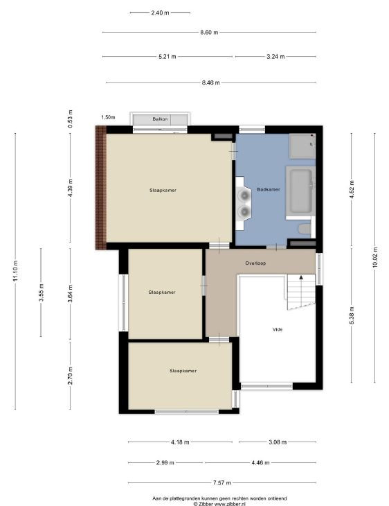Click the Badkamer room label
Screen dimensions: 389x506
(268, 189)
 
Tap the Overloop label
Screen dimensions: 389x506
(255, 263)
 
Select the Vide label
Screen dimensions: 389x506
(278, 329)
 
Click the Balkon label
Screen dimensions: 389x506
(160, 119)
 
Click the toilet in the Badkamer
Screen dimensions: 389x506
(305, 229)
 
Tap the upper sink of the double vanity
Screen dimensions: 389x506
(244, 195)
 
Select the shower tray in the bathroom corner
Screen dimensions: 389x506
(302, 146)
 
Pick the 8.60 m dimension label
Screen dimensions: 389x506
(209, 33)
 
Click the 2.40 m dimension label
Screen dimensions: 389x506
(160, 13)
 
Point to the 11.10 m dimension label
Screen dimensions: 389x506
(15, 271)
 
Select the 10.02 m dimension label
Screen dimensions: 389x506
(375, 258)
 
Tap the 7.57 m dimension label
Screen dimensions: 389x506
(222, 482)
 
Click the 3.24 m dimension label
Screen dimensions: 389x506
(275, 57)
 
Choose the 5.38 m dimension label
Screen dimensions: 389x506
(352, 315)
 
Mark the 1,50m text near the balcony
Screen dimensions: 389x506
(108, 117)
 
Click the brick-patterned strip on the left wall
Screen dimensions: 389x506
(100, 187)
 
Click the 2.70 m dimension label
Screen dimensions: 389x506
(71, 376)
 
